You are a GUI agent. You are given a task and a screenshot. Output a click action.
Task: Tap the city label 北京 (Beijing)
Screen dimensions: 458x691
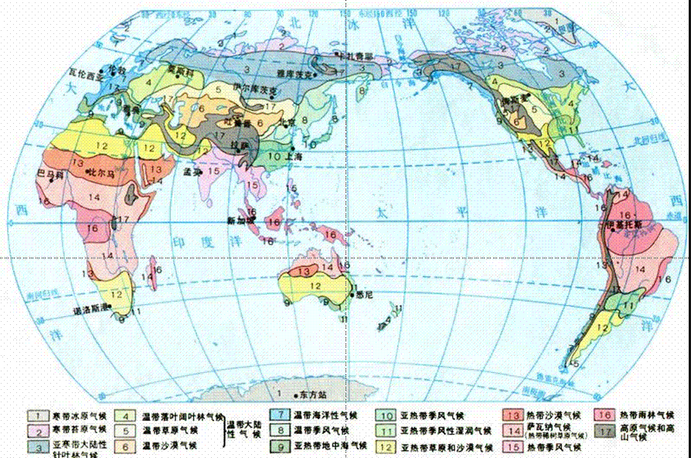[289, 121]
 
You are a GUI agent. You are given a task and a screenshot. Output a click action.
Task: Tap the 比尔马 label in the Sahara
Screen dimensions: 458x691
[104, 170]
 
